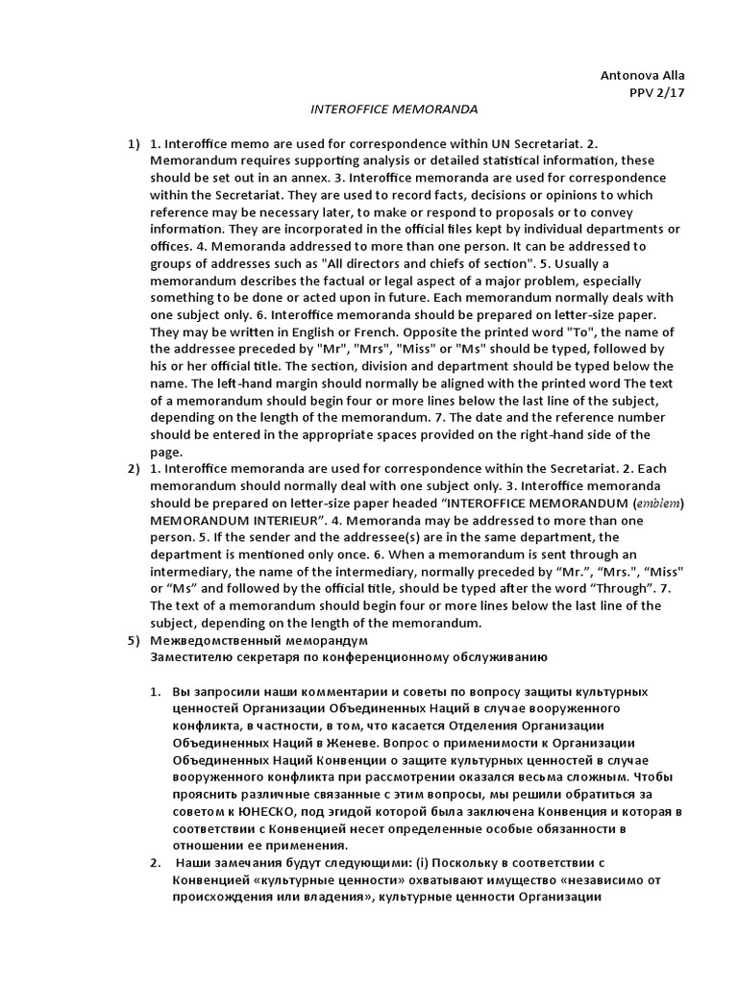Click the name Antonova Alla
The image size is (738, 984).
[643, 75]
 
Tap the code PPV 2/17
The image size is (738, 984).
[657, 92]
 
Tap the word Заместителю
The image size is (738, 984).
[194, 657]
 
